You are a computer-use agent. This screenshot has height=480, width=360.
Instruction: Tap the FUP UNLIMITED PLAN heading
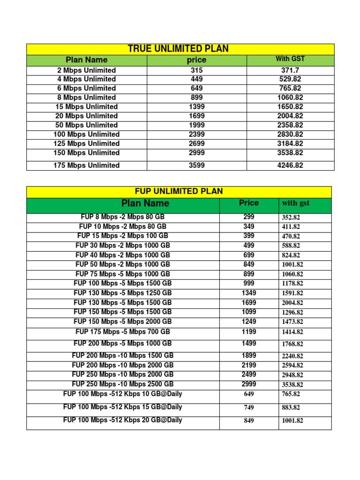[179, 191]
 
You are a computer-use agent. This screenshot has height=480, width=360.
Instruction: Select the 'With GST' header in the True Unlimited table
[290, 59]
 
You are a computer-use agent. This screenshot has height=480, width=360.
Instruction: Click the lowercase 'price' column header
[196, 60]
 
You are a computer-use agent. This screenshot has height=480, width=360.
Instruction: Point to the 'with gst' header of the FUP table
[295, 203]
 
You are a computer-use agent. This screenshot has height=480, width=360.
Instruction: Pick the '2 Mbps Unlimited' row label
[87, 70]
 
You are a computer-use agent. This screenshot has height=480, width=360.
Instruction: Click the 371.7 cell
[290, 70]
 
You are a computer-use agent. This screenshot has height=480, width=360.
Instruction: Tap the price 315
[196, 70]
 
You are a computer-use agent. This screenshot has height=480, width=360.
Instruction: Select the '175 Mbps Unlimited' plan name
[87, 165]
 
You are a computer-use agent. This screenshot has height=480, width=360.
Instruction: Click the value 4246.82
[290, 165]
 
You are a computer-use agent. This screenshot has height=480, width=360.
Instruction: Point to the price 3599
[196, 165]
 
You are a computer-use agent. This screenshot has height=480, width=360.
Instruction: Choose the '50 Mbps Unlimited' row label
[87, 125]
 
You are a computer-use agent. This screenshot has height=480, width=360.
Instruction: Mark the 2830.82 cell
[290, 135]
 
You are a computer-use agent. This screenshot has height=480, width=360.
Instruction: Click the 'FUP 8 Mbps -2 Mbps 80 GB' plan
[123, 217]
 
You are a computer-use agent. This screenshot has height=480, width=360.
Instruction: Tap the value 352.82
[291, 218]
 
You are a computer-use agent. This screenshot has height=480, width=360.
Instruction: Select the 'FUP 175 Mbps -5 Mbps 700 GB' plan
[123, 332]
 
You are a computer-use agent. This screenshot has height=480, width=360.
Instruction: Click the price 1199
[249, 332]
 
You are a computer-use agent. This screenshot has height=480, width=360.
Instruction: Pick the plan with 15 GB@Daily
[123, 407]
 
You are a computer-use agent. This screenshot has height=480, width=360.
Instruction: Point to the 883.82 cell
[291, 408]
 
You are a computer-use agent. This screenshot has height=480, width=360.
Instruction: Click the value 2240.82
[292, 356]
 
